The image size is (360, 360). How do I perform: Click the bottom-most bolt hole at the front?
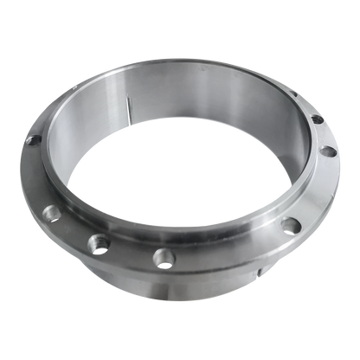pyautogui.click(x=161, y=257)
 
